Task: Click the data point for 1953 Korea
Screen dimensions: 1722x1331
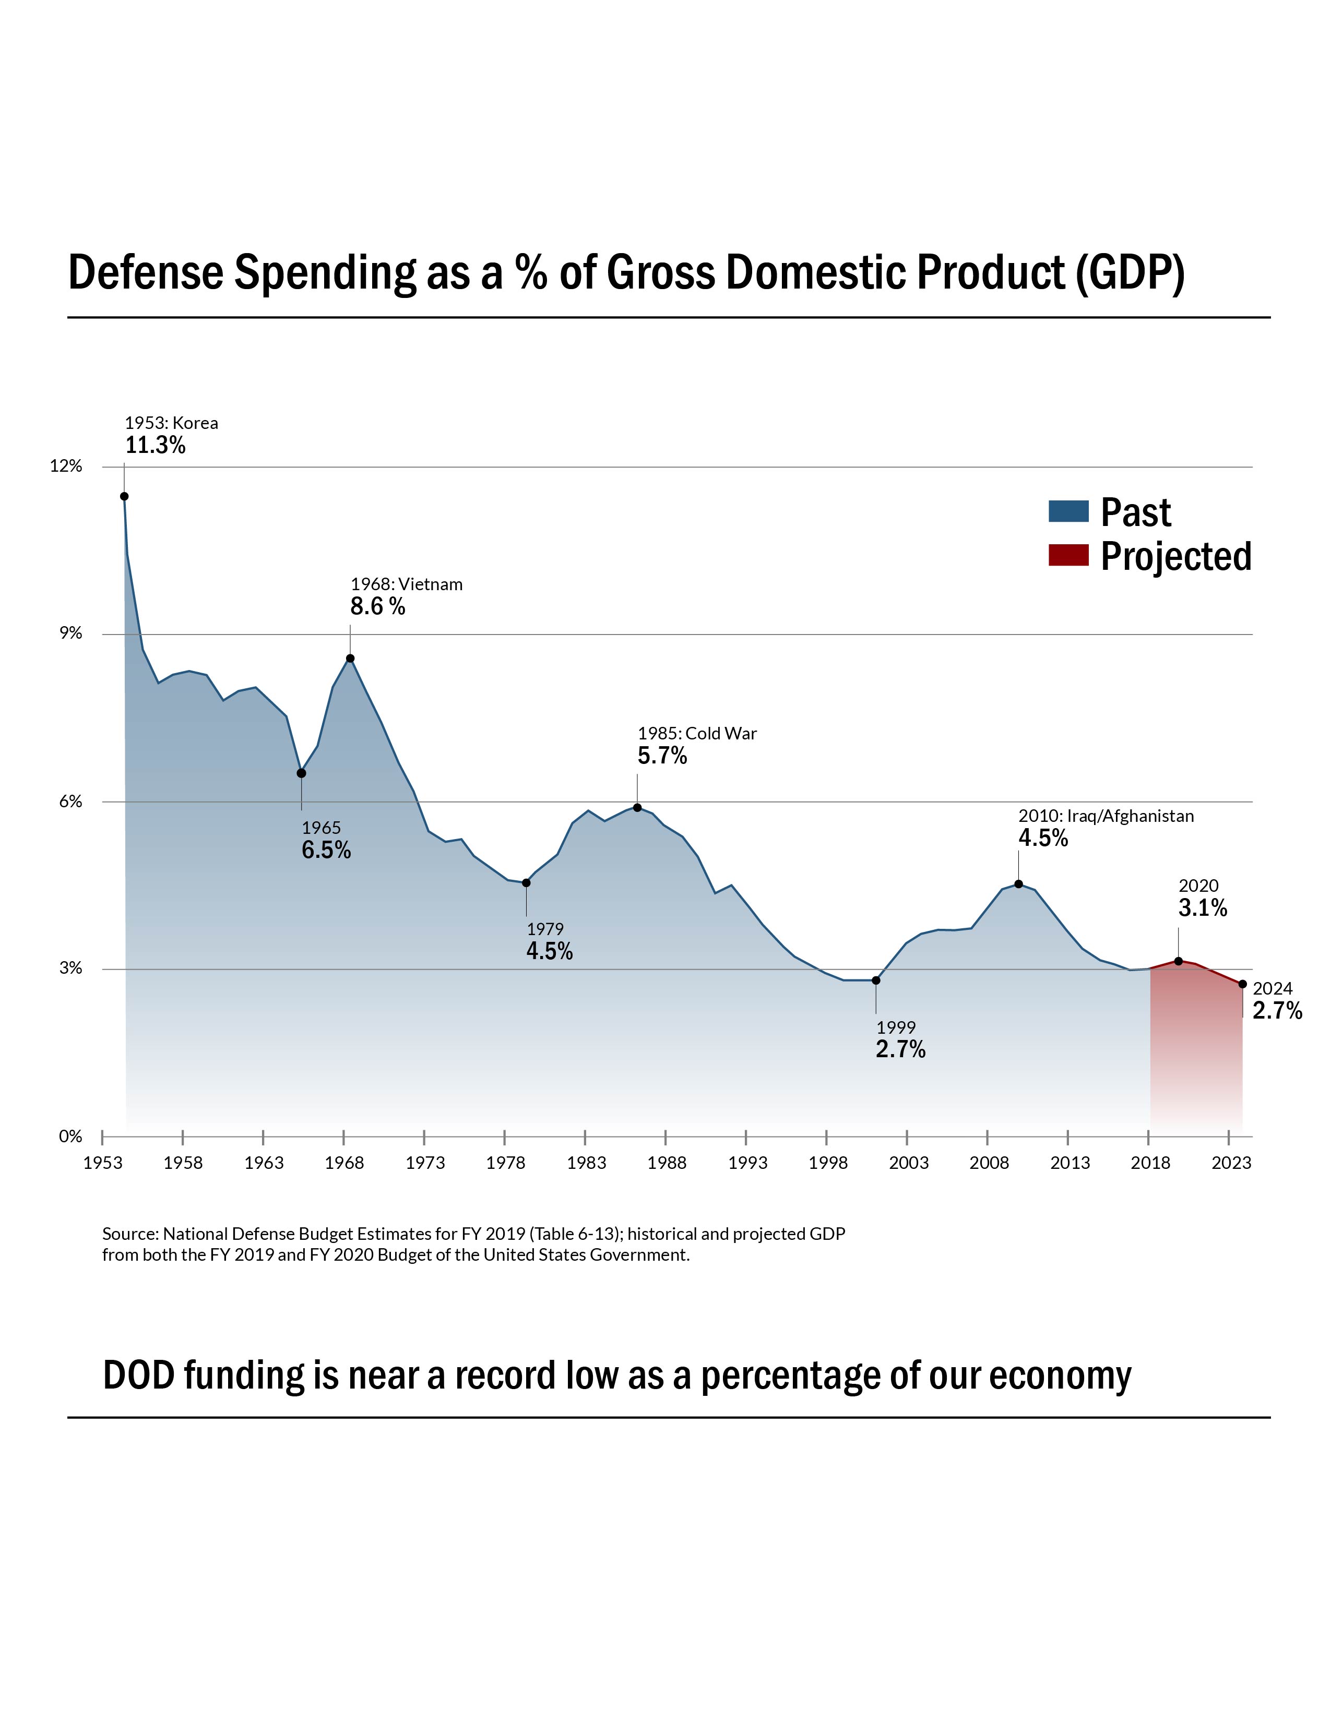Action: (x=124, y=496)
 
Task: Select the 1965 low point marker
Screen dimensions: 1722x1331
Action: (x=301, y=773)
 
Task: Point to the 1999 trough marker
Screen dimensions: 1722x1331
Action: (x=875, y=980)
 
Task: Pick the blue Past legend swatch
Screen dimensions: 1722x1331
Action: (x=1068, y=512)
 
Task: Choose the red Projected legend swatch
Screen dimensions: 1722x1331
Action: (x=1068, y=556)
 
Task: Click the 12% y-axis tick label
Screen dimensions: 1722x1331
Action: (x=66, y=466)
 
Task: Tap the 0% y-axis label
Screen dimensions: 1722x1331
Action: (x=70, y=1136)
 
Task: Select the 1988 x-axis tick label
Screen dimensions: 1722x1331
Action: (x=667, y=1163)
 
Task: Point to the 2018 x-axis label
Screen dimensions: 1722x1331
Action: (x=1150, y=1163)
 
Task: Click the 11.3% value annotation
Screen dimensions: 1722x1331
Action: (x=156, y=446)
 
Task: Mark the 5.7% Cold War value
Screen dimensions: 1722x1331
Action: (x=662, y=756)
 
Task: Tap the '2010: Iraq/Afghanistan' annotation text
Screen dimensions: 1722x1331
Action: (x=1106, y=816)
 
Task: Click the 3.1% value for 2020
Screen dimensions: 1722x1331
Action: (x=1203, y=908)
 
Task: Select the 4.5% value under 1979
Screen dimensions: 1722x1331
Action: (x=550, y=952)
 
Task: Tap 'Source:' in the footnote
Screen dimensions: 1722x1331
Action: (x=130, y=1234)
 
